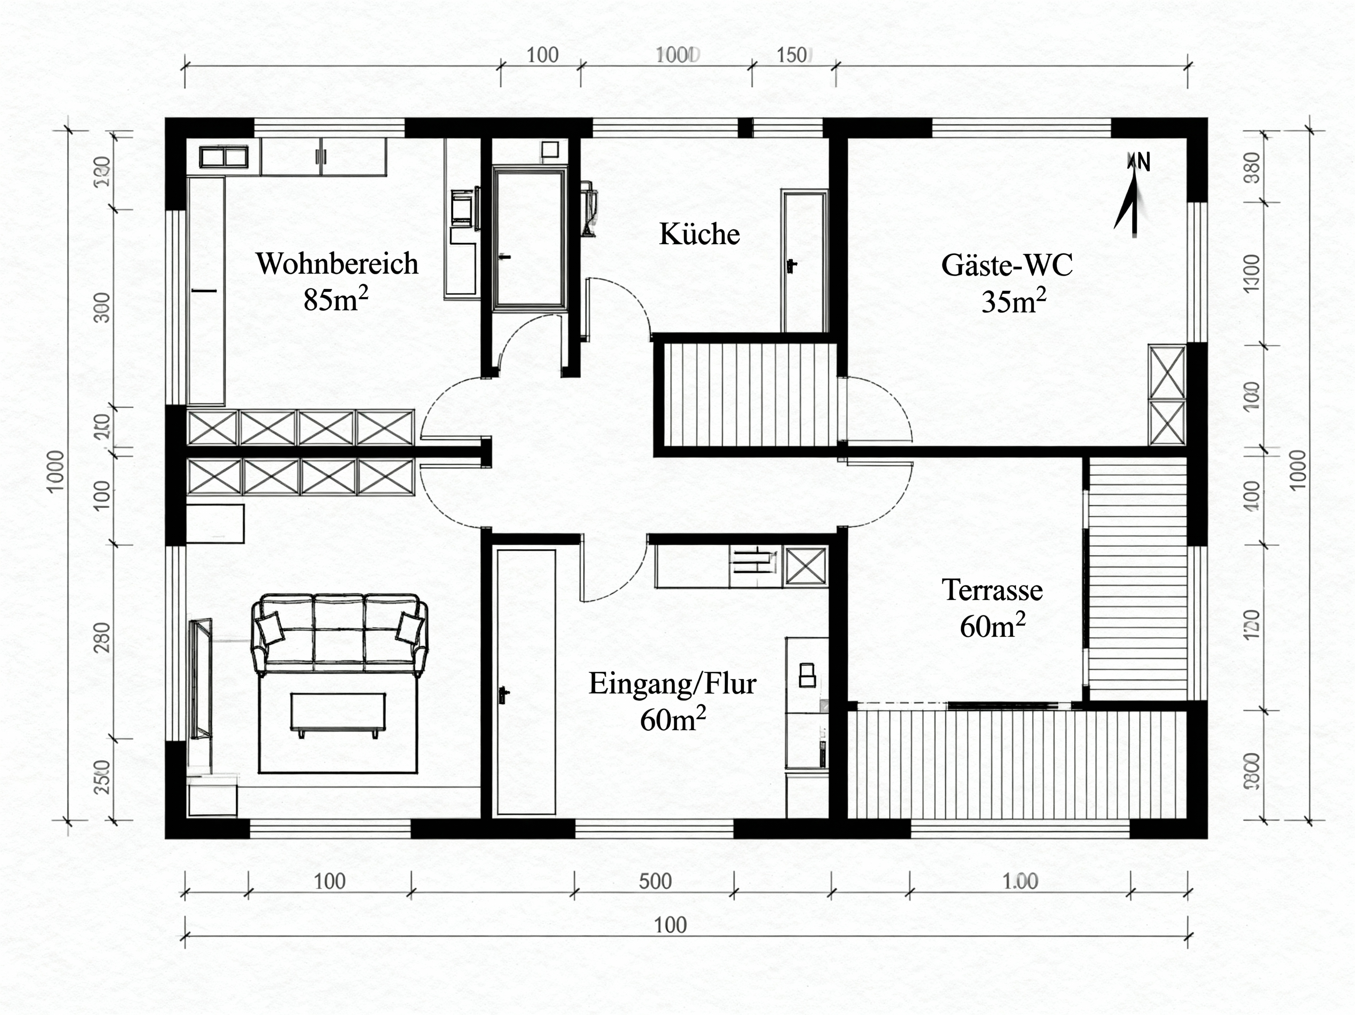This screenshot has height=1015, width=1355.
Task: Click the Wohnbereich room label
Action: click(337, 264)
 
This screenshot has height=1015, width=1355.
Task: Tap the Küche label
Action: click(699, 235)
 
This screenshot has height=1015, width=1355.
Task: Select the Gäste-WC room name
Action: click(1007, 265)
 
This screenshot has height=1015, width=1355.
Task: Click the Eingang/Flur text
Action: click(672, 683)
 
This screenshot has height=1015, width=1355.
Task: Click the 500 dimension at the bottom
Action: click(655, 882)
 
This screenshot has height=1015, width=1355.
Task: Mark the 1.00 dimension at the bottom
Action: click(1020, 882)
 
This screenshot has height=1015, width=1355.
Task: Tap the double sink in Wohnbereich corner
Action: click(224, 157)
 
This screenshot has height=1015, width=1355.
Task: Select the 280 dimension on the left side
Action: click(103, 637)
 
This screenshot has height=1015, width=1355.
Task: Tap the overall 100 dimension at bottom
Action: click(670, 925)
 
